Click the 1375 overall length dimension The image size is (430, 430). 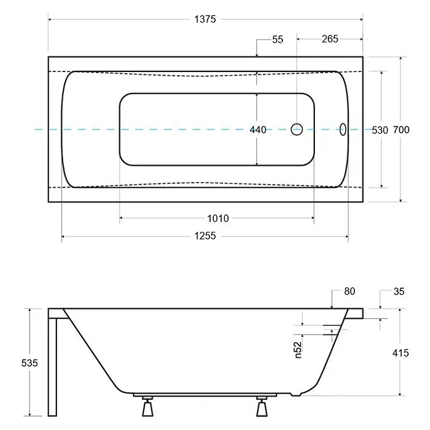point(205,19)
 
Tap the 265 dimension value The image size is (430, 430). point(330,39)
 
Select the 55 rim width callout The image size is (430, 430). point(278,40)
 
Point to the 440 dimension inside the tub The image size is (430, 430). point(258,130)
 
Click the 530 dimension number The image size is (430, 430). point(380,130)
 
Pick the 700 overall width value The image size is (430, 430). point(401,130)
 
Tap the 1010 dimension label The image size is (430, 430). point(218,218)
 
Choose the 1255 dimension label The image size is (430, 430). point(205,236)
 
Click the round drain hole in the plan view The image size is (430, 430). point(297,129)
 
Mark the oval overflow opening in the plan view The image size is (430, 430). point(343,129)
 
